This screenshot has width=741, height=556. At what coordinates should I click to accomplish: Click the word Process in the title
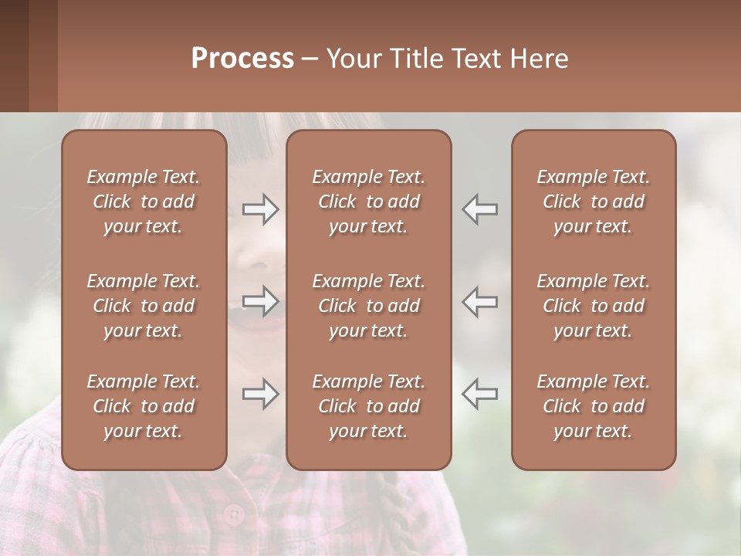[x=242, y=59]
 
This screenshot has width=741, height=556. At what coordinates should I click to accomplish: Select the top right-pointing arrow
[x=261, y=209]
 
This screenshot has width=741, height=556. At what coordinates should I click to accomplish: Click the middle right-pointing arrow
[x=261, y=301]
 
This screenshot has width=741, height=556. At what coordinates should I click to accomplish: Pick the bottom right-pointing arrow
[x=261, y=394]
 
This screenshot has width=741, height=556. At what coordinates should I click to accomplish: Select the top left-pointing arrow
[x=479, y=209]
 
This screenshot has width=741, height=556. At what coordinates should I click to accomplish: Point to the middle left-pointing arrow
[x=479, y=301]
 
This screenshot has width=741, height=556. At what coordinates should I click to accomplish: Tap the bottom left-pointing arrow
[x=479, y=394]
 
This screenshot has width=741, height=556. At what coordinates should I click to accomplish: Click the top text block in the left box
[x=144, y=202]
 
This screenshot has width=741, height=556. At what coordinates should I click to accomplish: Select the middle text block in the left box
[x=144, y=306]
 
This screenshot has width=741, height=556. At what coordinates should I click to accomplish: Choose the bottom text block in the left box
[x=144, y=406]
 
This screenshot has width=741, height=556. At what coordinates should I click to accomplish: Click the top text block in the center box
[x=368, y=202]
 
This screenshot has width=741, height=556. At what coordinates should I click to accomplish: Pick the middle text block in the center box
[x=368, y=306]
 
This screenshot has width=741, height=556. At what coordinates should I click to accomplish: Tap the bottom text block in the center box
[x=368, y=406]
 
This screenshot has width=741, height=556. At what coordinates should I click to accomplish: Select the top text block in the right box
[x=593, y=202]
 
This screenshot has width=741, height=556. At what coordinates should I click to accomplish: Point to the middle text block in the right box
[x=593, y=306]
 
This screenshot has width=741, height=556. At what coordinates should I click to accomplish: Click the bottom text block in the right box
[x=593, y=406]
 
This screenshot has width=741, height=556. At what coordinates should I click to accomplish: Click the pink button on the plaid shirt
[x=232, y=513]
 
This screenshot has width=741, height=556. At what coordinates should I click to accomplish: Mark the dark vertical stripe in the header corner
[x=14, y=56]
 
